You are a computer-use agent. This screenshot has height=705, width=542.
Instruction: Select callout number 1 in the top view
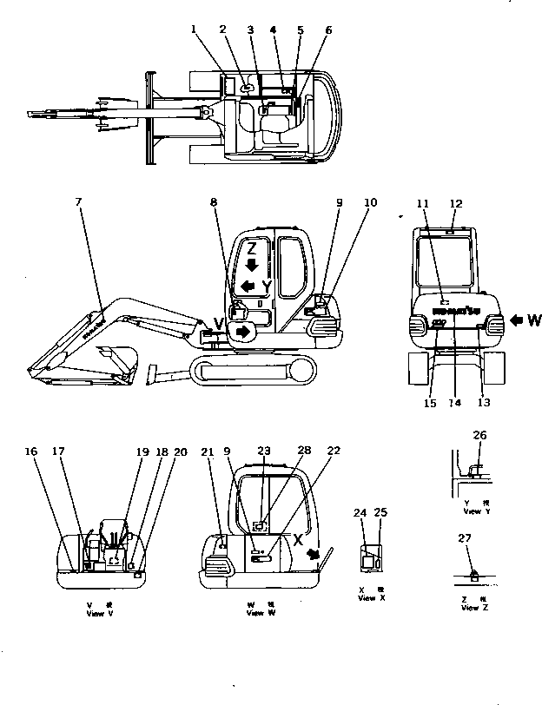pos(195,30)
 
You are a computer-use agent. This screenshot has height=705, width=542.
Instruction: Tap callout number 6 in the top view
pos(328,30)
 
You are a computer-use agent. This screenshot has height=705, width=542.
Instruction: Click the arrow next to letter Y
pos(249,285)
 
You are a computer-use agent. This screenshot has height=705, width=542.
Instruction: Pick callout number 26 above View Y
pos(479,434)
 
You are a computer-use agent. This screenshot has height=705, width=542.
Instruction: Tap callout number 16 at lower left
pos(30,451)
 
